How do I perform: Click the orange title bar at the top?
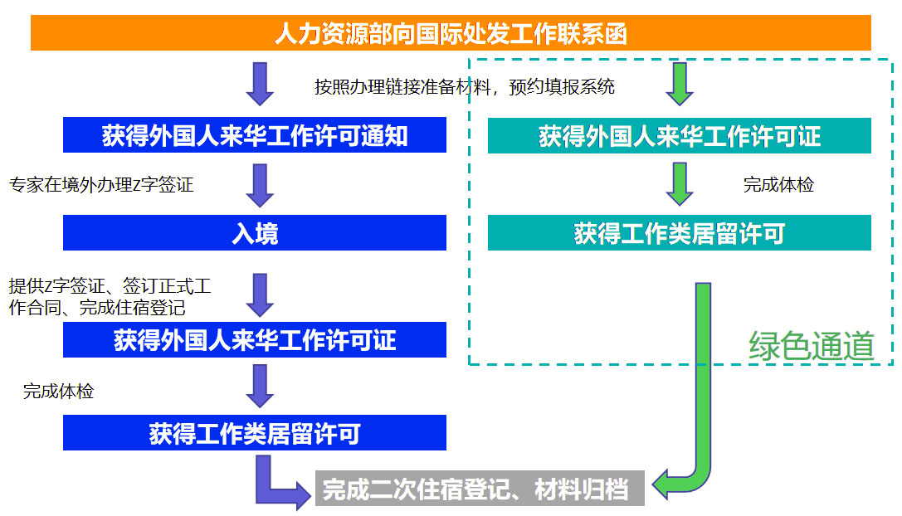click(x=451, y=33)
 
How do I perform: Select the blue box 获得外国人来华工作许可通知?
click(x=255, y=135)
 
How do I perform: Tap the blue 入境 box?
click(x=255, y=233)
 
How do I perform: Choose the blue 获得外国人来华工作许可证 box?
click(x=255, y=340)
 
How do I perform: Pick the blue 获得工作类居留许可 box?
click(x=255, y=433)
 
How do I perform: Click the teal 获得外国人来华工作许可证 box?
click(x=679, y=135)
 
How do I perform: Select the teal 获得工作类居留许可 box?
click(x=679, y=233)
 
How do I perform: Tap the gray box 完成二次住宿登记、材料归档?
click(x=480, y=489)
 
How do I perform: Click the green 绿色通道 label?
click(x=811, y=346)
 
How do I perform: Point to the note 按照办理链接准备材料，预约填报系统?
click(x=464, y=86)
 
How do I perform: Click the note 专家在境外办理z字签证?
click(x=101, y=184)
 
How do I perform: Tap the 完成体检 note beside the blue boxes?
click(x=58, y=391)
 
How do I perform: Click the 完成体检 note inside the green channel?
click(x=778, y=184)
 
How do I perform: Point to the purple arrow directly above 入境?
click(x=261, y=185)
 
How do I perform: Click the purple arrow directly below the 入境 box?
click(x=261, y=295)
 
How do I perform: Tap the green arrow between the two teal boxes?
click(x=680, y=184)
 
